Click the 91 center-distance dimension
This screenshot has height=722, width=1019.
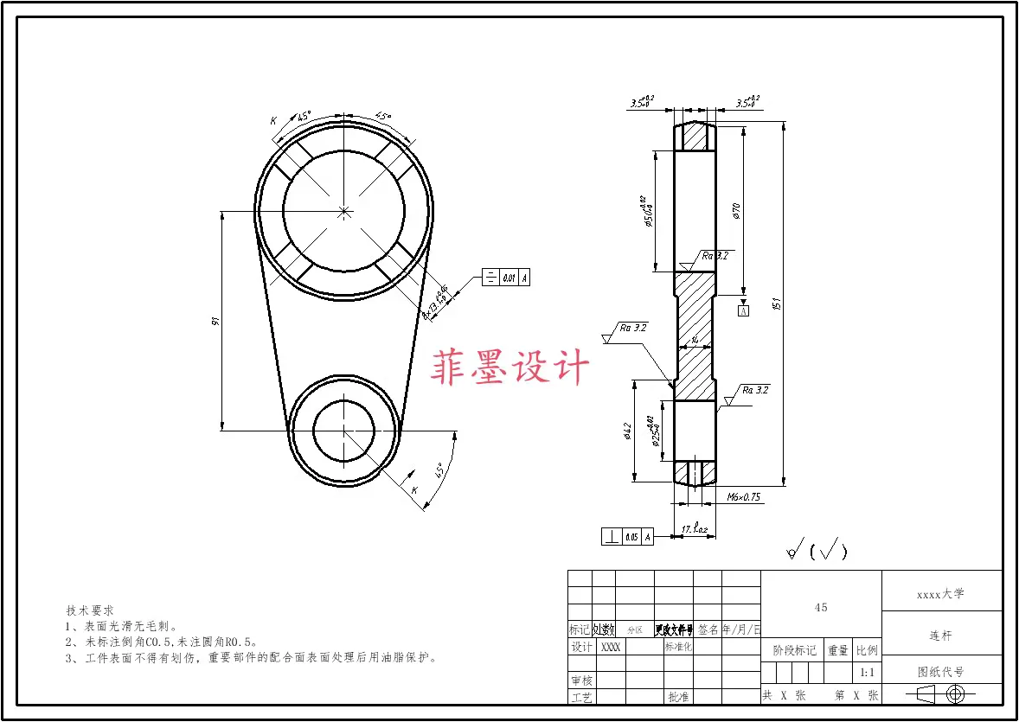[x=216, y=321]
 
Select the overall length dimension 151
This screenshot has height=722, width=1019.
[x=777, y=303]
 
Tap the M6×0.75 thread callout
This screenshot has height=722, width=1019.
[x=743, y=497]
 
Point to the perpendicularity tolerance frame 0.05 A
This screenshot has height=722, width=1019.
[x=627, y=537]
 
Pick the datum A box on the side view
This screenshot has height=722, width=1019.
[x=742, y=310]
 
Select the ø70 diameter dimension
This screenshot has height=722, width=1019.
[x=736, y=210]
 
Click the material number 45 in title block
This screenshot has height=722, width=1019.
[x=821, y=607]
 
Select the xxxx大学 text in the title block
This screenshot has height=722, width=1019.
[x=940, y=594]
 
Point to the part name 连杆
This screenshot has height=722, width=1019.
[x=940, y=636]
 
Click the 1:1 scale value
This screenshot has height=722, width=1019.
[x=867, y=672]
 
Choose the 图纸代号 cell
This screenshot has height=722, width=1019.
[x=940, y=672]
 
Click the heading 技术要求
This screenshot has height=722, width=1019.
[x=90, y=610]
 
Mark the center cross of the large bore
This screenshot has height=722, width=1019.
[x=344, y=210]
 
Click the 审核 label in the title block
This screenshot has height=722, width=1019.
[x=580, y=681]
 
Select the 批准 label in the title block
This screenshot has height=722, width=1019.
[x=678, y=696]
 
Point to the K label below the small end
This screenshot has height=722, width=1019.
[x=414, y=490]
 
